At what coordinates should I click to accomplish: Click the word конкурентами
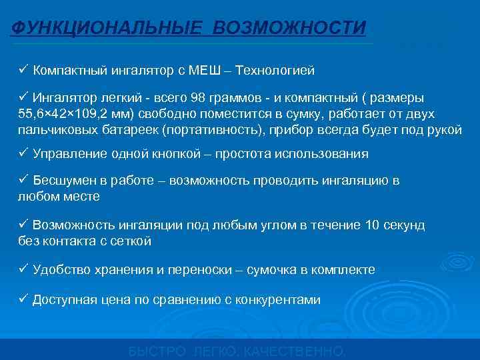click(x=283, y=300)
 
